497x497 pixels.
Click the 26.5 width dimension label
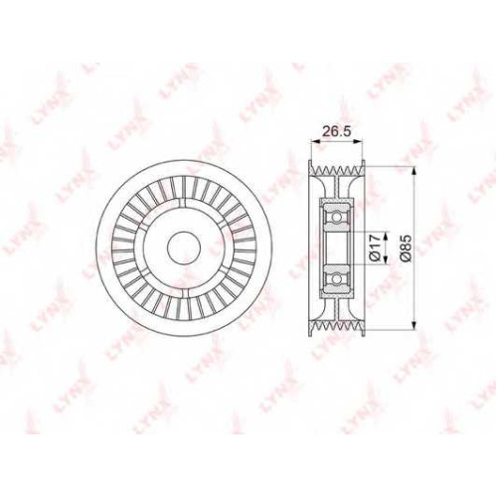(x=336, y=131)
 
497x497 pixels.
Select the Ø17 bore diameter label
(x=374, y=248)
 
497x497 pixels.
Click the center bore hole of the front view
(x=184, y=248)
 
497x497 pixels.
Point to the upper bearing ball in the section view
(x=337, y=218)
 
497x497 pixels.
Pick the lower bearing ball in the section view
(x=337, y=279)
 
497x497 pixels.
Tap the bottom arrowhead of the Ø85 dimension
(x=414, y=326)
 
